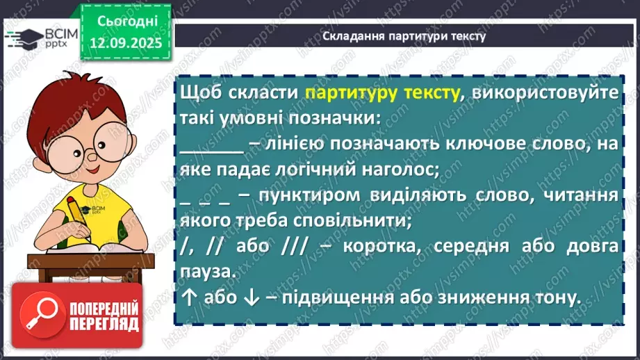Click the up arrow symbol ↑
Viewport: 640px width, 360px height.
pyautogui.click(x=188, y=298)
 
